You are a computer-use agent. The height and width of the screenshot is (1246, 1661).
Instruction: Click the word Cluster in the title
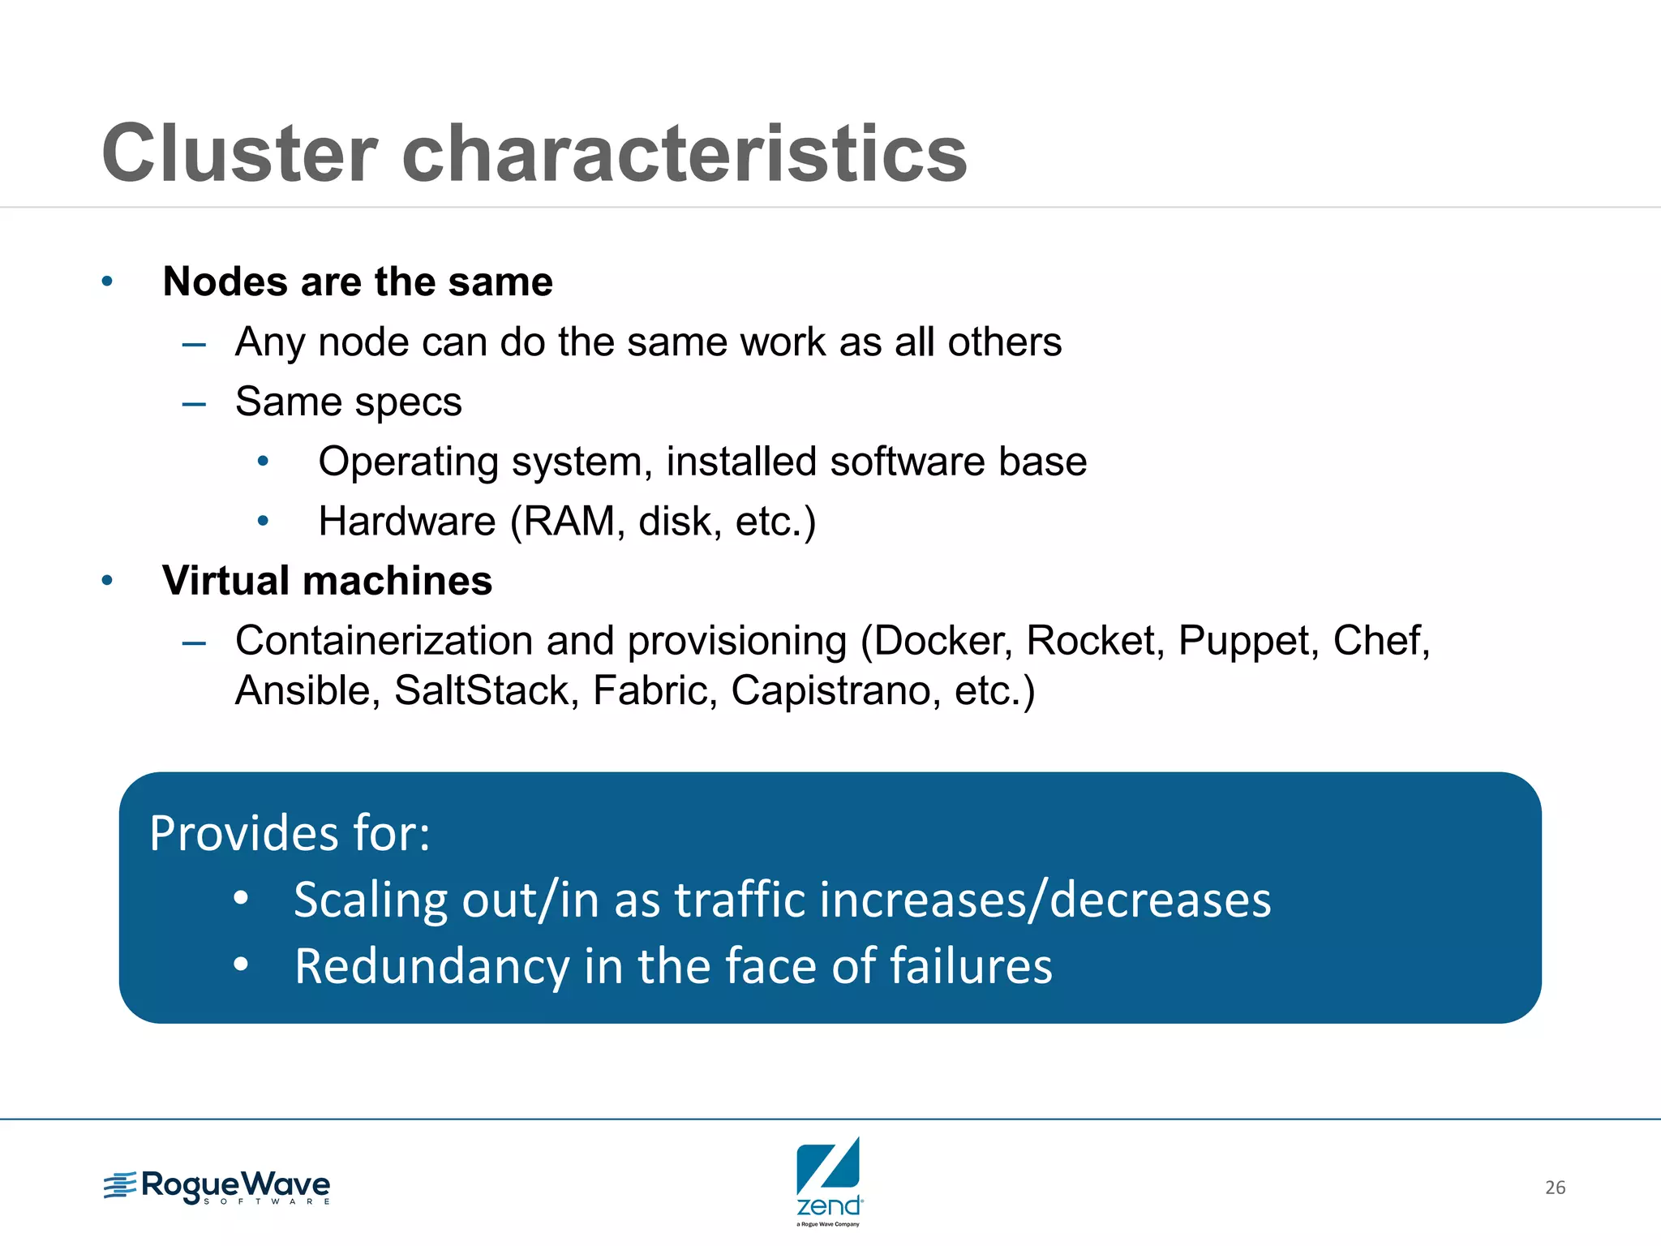tap(240, 153)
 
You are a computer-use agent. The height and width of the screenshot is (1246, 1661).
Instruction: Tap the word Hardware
tap(406, 521)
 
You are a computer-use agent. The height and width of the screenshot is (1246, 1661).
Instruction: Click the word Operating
tap(408, 462)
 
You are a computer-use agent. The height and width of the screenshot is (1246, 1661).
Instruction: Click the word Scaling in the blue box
tap(370, 900)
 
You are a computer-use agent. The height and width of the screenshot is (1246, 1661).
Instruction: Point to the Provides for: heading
tap(290, 833)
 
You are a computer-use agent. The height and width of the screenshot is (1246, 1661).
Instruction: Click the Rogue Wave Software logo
tap(217, 1187)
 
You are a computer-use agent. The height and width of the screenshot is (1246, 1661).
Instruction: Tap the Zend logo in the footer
tap(829, 1180)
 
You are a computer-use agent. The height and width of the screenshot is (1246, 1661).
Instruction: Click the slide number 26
tap(1555, 1188)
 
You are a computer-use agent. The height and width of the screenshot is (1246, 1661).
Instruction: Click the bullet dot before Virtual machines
tap(107, 581)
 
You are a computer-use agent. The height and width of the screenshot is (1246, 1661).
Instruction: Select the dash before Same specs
tap(194, 403)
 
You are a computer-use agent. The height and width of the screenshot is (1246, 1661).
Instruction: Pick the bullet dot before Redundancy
tap(241, 965)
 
